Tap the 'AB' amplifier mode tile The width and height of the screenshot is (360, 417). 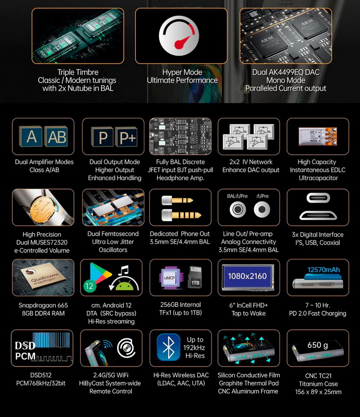tap(56, 137)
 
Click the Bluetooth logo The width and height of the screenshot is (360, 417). tap(168, 349)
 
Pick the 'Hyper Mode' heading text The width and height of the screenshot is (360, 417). tap(182, 73)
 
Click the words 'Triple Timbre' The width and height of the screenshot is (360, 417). tap(78, 73)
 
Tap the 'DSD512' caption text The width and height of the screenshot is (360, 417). tap(43, 375)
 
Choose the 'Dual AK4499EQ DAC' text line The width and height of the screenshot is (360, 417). tap(285, 73)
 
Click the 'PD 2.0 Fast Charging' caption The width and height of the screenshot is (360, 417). tap(318, 313)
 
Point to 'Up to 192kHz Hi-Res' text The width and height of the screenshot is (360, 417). tap(195, 348)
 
